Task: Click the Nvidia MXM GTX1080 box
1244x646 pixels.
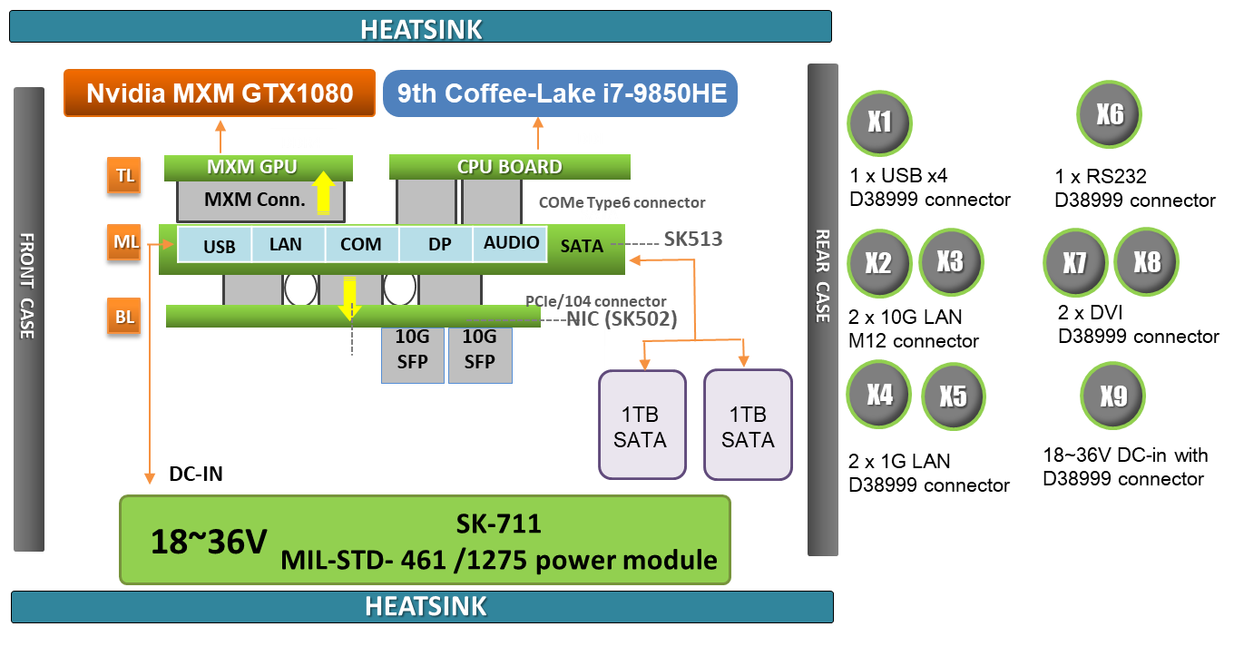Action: point(219,93)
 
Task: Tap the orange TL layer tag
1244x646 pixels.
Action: point(123,175)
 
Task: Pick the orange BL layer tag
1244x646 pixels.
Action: point(123,316)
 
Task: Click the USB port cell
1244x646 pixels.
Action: point(219,245)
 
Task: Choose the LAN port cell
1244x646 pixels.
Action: point(285,245)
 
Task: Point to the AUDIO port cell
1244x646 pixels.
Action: point(511,243)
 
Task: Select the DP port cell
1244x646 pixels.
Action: point(439,245)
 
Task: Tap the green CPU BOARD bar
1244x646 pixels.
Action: point(509,167)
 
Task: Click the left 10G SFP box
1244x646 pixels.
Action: point(413,349)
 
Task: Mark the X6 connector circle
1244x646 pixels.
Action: point(1109,114)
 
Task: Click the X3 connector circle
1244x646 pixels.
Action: point(950,261)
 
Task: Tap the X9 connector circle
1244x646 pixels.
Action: point(1112,396)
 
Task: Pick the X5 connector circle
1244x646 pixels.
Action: point(953,396)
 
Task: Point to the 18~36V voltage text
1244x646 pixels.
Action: point(209,542)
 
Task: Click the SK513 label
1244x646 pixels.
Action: point(692,240)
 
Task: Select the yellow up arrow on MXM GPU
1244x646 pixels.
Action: point(322,191)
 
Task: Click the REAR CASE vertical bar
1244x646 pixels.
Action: point(822,308)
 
